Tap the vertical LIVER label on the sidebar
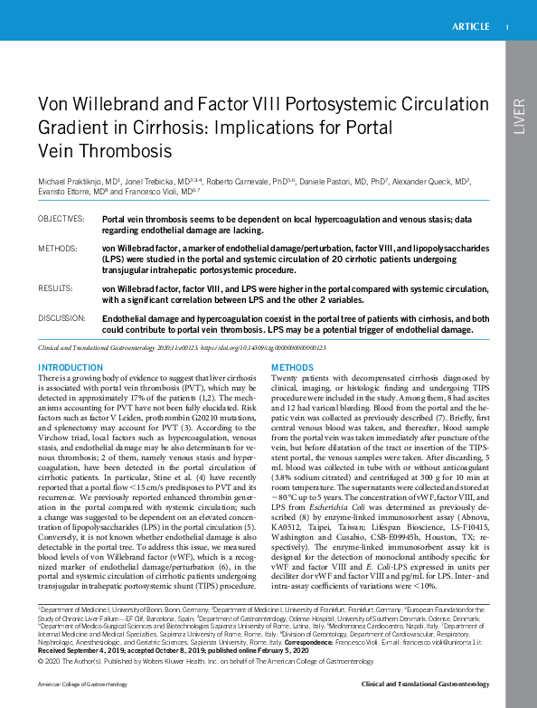518,117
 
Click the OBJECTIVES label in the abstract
60,220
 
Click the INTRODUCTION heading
70,367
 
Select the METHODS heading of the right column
293,367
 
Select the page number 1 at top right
507,27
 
